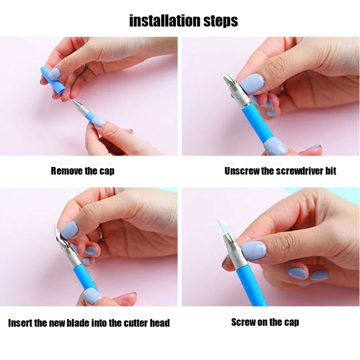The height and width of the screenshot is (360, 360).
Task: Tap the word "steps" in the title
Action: click(x=220, y=21)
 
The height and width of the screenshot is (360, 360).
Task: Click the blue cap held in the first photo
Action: click(x=52, y=79)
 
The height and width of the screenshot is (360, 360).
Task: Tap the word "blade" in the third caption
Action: click(x=78, y=323)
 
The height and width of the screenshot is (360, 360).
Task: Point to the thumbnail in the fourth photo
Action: click(x=254, y=250)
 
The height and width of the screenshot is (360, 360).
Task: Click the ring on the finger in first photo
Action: click(x=85, y=66)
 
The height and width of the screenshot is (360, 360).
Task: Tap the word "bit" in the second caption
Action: click(x=331, y=171)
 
